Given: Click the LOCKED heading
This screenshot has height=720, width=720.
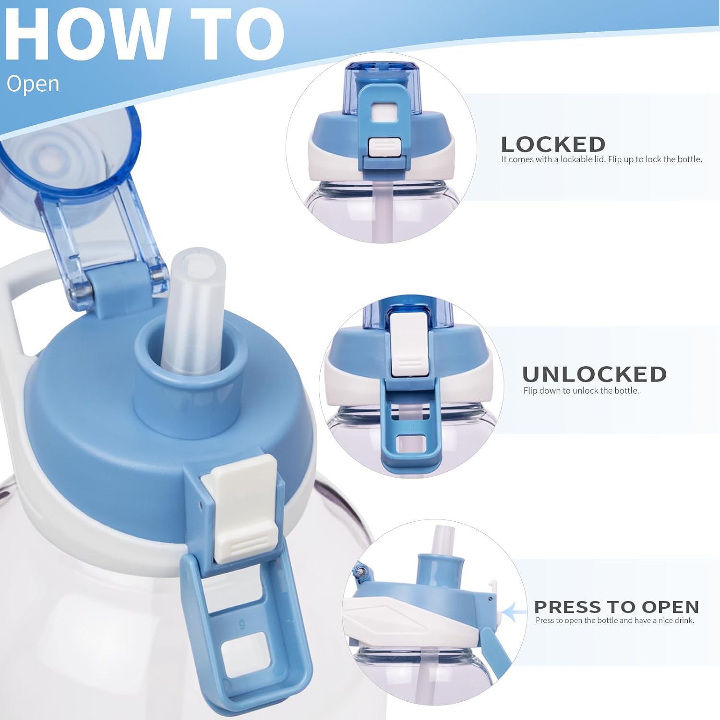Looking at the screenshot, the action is (553, 144).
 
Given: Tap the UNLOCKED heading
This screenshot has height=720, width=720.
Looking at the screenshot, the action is (594, 374).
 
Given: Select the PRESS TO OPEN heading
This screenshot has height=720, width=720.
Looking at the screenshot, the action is (616, 607).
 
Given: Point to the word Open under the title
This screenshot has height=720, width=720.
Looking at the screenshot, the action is (33, 84).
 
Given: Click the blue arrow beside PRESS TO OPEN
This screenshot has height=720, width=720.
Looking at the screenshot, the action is (514, 612).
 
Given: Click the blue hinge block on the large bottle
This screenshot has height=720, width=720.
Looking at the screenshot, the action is (115, 294).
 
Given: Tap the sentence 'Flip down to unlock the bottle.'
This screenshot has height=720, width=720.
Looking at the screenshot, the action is (581, 391).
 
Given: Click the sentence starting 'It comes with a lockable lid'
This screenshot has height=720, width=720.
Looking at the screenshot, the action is (601, 159).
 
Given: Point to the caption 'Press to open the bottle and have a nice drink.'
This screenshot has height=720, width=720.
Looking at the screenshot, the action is (615, 621).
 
